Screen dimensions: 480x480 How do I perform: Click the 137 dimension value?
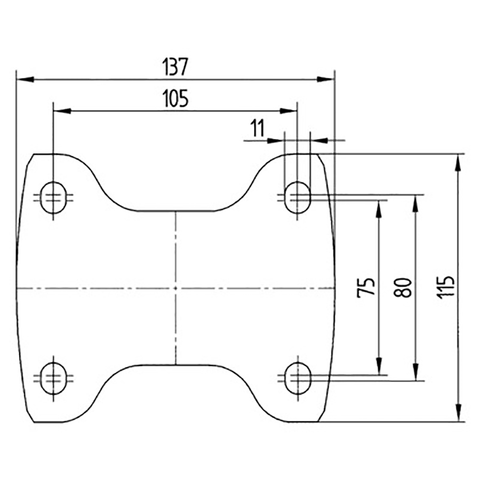point(175,67)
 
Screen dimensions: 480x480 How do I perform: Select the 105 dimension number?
point(175,99)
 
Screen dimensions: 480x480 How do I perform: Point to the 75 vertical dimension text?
point(366,287)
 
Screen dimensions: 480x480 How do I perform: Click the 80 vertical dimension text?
point(403,287)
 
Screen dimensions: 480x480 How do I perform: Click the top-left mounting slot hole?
point(53,198)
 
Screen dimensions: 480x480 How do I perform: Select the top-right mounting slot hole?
point(297,198)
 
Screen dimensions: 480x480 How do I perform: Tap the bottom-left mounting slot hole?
point(53,378)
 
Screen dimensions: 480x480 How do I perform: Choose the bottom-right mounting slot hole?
point(297,378)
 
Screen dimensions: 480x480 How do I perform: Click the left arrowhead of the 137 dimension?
point(25,79)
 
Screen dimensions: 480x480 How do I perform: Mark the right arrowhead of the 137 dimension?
point(326,79)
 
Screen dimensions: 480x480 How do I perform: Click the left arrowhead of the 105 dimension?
point(62,111)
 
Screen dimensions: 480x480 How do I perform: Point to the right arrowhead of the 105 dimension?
point(289,111)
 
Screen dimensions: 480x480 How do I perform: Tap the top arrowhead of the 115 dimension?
point(458,162)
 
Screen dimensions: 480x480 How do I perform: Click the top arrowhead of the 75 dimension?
point(379,209)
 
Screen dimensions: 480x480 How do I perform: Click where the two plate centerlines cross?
point(175,288)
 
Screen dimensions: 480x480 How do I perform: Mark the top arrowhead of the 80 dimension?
point(415,203)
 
